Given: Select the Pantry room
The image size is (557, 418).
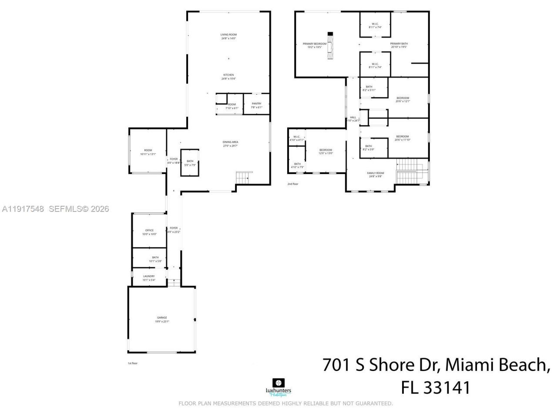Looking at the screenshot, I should click(256, 105).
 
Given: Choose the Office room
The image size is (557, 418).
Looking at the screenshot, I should click(149, 232).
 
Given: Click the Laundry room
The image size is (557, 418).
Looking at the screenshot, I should click(149, 278).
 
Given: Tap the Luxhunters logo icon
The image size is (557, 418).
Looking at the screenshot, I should click(278, 383).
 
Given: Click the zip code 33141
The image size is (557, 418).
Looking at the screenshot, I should click(449, 387).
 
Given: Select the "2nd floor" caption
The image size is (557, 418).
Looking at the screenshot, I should click(293, 184).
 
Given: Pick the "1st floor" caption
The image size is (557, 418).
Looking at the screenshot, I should click(132, 363).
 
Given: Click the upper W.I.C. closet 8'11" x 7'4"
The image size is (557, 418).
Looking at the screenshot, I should click(375, 25).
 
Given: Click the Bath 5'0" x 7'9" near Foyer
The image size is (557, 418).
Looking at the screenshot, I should click(190, 163).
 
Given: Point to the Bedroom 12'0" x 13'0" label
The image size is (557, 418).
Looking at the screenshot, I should click(325, 152).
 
